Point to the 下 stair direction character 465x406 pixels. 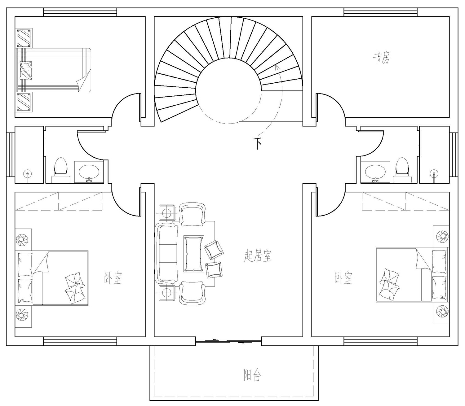pyautogui.click(x=257, y=143)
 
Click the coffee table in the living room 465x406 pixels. pyautogui.click(x=194, y=254)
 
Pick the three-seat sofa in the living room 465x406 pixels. pyautogui.click(x=166, y=253)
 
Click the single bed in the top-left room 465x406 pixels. pyautogui.click(x=53, y=70)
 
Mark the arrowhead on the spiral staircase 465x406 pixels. pyautogui.click(x=277, y=66)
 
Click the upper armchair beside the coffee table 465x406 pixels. pyautogui.click(x=192, y=215)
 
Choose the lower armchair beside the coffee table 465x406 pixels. pyautogui.click(x=192, y=293)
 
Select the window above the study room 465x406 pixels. pyautogui.click(x=381, y=12)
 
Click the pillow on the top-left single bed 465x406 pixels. pyautogui.click(x=26, y=70)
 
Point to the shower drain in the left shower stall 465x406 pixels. pyautogui.click(x=28, y=174)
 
